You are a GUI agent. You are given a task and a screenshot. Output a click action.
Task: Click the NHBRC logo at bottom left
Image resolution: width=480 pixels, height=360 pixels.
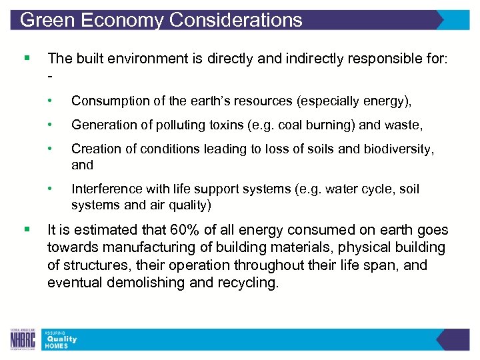coord(22,339)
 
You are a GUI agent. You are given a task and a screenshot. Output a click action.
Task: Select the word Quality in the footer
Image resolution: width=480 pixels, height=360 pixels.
coord(61,339)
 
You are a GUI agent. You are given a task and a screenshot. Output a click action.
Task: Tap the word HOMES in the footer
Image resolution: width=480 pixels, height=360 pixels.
coord(57,346)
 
